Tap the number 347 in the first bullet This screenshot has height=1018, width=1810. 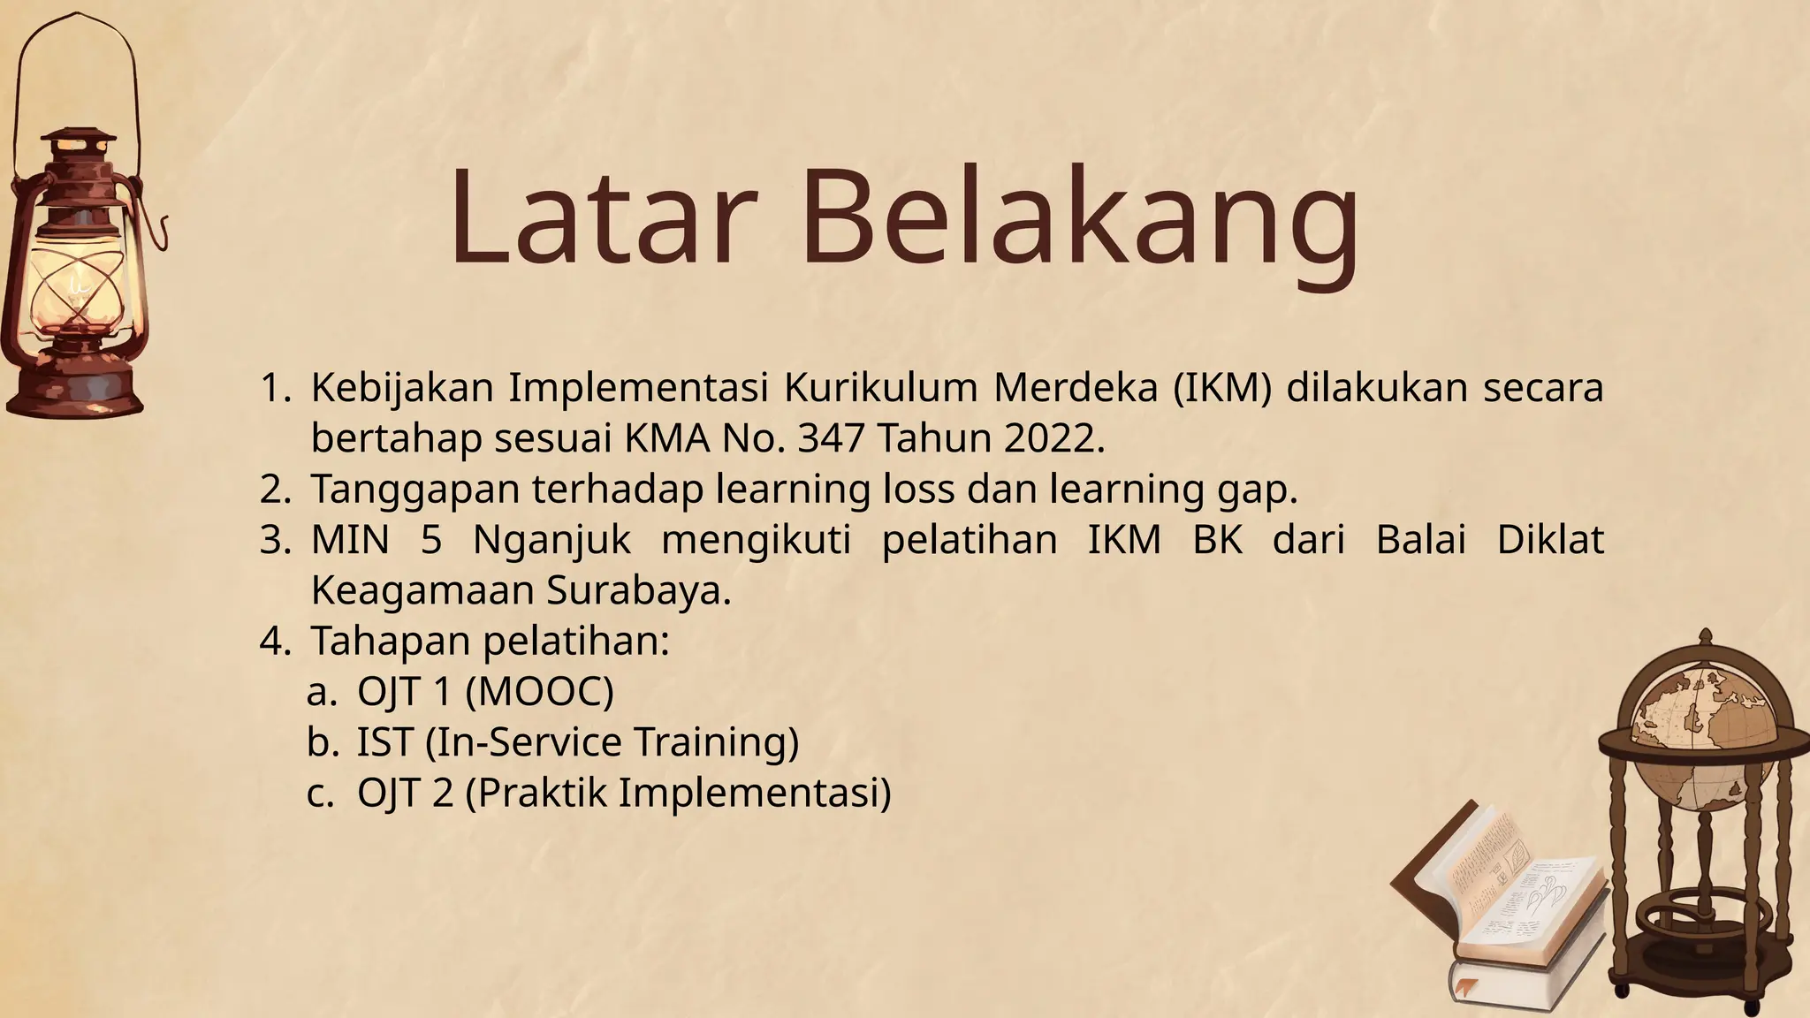coord(830,439)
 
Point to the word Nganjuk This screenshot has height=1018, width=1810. coord(551,540)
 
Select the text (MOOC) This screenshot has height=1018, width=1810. coord(538,691)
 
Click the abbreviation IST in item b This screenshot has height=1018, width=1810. coord(385,741)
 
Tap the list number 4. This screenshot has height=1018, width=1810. coord(274,641)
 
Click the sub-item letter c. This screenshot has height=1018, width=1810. coord(320,792)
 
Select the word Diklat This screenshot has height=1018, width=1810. coord(1550,540)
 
